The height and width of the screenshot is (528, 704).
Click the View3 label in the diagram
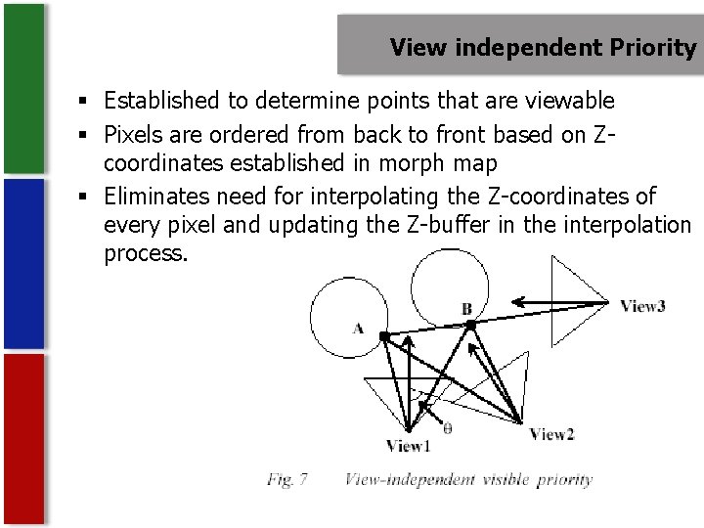point(642,306)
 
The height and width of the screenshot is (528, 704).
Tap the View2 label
point(551,434)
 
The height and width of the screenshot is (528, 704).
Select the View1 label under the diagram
point(408,447)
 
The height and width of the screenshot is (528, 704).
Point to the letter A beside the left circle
point(358,329)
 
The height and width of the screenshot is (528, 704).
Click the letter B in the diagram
point(466,309)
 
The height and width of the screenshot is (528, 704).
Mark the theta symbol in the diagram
point(447,427)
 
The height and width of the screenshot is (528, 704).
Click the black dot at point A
point(384,336)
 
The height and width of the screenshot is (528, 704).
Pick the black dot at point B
point(470,324)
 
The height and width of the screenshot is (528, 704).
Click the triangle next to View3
point(572,302)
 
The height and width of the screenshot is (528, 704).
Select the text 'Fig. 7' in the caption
point(287,479)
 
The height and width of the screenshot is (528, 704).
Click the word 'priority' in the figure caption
point(564,479)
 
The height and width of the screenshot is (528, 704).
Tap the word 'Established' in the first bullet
point(162,100)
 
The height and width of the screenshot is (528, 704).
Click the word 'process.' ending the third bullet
point(145,253)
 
